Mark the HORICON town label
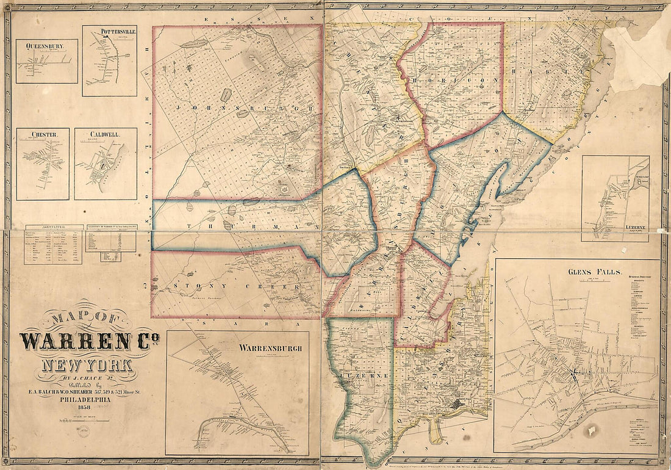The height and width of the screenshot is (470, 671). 457,80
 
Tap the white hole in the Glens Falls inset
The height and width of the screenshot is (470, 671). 590,431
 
